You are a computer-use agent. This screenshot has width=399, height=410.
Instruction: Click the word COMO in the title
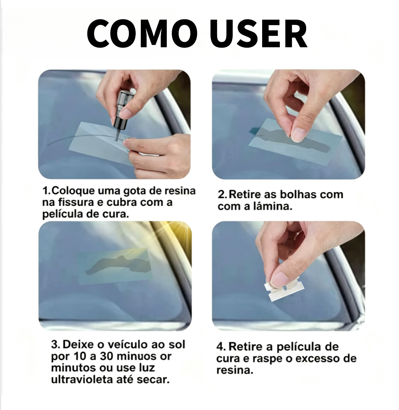pyautogui.click(x=142, y=34)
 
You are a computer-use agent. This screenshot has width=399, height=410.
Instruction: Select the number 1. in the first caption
pyautogui.click(x=47, y=191)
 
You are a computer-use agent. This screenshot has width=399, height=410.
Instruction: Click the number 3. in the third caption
pyautogui.click(x=56, y=345)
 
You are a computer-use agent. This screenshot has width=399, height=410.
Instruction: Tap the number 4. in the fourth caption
pyautogui.click(x=221, y=347)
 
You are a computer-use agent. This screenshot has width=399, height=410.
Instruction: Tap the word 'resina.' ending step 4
pyautogui.click(x=235, y=370)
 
